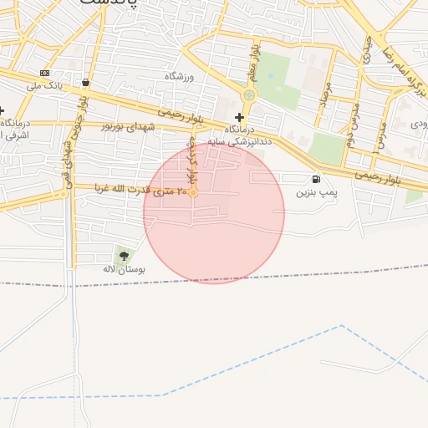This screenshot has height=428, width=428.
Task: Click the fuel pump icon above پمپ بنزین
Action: tap(315, 179)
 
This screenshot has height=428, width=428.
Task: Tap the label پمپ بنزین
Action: tap(316, 192)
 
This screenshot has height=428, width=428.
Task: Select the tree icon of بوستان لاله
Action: tap(125, 257)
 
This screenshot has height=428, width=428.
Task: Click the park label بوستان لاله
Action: tap(124, 270)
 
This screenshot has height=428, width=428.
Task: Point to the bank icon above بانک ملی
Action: tap(44, 73)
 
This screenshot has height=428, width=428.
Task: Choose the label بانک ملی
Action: tap(44, 85)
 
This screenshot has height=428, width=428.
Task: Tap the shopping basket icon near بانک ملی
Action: tap(86, 82)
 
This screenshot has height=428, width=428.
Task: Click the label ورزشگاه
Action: tap(178, 77)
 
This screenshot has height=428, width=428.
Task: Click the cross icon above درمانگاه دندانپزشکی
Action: tap(239, 117)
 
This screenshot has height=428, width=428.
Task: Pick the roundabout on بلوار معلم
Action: tap(247, 95)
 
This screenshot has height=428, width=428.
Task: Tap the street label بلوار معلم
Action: tap(250, 63)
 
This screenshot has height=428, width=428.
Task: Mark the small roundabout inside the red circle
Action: tap(193, 192)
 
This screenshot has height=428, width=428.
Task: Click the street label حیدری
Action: tap(369, 50)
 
